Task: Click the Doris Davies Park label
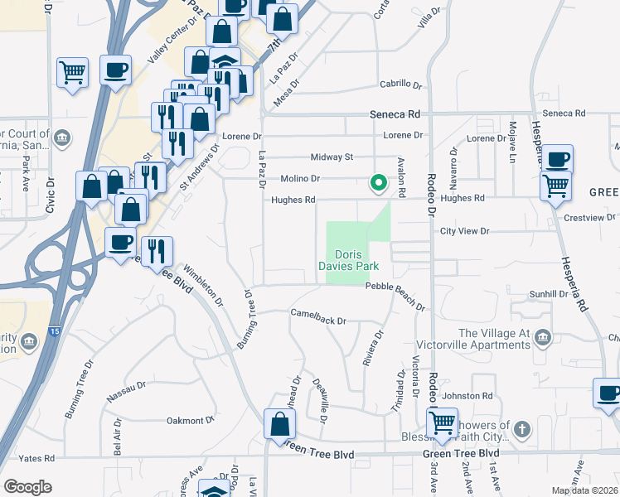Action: [349, 260]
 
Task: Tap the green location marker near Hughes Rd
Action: [379, 182]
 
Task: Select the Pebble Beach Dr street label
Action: [395, 286]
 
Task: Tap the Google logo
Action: [27, 487]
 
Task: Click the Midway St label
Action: [332, 157]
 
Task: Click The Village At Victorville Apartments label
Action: [494, 340]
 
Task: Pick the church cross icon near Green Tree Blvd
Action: [521, 429]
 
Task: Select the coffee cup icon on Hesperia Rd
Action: [558, 158]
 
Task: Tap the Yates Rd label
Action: [37, 457]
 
